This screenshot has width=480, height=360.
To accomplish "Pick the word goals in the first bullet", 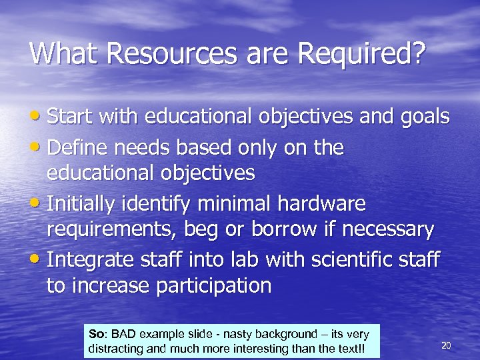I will click(425, 118).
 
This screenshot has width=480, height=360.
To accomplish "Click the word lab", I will click(264, 259).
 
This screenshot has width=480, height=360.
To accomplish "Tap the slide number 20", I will click(447, 345).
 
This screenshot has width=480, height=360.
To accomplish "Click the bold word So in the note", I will click(97, 333).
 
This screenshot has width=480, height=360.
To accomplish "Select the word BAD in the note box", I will click(123, 333).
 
